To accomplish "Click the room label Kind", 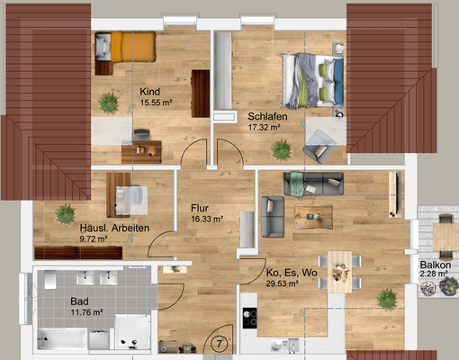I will [149, 92].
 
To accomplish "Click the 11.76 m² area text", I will [86, 312].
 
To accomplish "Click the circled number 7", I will [220, 344].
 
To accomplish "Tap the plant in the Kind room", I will [109, 103].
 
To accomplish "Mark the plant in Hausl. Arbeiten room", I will [65, 213].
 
